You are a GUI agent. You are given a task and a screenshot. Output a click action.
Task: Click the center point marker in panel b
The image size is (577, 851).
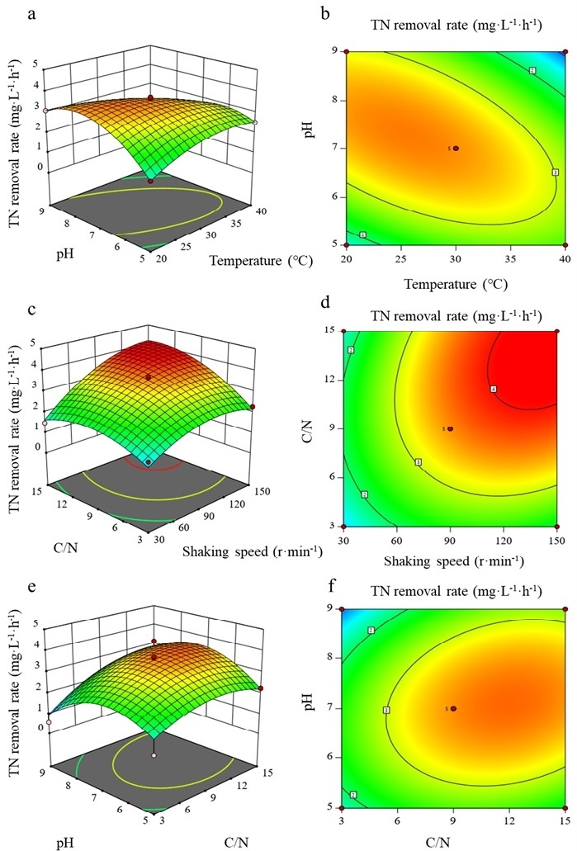click(456, 149)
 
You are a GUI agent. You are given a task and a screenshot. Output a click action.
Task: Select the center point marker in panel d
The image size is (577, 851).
click(450, 428)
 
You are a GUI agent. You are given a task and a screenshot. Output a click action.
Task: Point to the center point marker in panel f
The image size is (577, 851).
click(453, 708)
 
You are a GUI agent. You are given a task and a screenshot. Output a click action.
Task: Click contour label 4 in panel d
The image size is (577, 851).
click(494, 389)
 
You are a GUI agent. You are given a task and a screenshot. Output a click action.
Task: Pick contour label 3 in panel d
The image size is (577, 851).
click(419, 462)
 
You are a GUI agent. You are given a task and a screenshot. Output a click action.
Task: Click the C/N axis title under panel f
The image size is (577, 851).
click(453, 842)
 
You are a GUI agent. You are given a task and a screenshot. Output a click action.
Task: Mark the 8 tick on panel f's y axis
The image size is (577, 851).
click(332, 659)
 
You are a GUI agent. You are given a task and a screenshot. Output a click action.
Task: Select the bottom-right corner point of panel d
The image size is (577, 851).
click(557, 526)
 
